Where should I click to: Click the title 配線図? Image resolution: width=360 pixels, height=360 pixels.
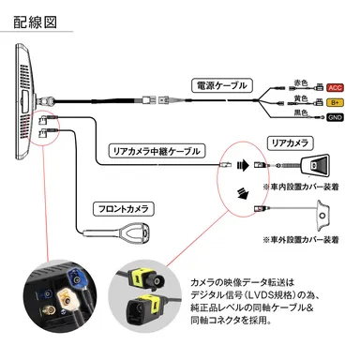pyautogui.click(x=37, y=22)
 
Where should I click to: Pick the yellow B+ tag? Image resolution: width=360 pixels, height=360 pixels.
pyautogui.click(x=333, y=101)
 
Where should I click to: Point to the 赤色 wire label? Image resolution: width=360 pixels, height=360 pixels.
pyautogui.click(x=300, y=81)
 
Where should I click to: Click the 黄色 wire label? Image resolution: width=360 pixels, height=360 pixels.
pyautogui.click(x=300, y=97)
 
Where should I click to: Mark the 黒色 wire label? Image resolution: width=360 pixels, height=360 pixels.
pyautogui.click(x=300, y=113)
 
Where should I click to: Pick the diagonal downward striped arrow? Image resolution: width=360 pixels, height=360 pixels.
pyautogui.click(x=242, y=193)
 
